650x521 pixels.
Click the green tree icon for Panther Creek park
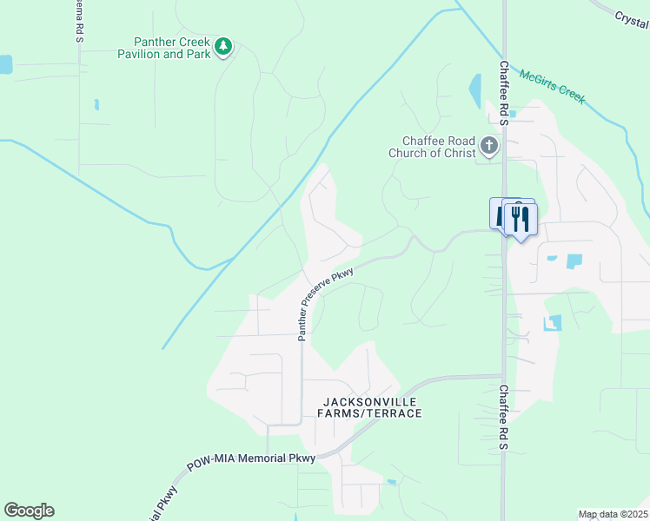click(x=223, y=47)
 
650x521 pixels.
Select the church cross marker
click(x=489, y=146)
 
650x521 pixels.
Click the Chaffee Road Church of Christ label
click(x=438, y=148)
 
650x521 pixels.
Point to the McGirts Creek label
click(x=553, y=85)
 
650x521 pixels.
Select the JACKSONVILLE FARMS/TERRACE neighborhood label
click(x=372, y=407)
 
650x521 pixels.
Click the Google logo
click(x=30, y=511)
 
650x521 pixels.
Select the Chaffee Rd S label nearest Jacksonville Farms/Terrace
click(x=503, y=418)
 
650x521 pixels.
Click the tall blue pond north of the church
click(x=475, y=90)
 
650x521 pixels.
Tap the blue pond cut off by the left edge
click(x=5, y=64)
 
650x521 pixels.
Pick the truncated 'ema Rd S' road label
click(x=77, y=21)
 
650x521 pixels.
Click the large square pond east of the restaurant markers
click(x=574, y=260)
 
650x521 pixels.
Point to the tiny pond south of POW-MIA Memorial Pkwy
click(x=392, y=482)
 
